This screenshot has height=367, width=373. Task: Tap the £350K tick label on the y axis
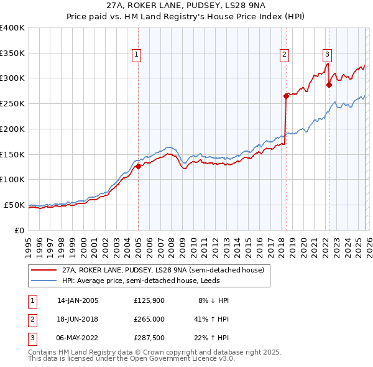coord(12,53)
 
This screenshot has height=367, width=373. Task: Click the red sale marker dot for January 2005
coord(138,166)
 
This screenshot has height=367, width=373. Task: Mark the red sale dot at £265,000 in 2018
coord(286,96)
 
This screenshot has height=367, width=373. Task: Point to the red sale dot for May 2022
coord(329,85)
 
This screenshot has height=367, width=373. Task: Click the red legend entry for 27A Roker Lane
coord(163,270)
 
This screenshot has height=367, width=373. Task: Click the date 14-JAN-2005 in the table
coord(78,300)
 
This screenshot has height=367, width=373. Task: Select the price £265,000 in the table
coord(149,319)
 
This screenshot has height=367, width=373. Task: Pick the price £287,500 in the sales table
coord(149,338)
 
